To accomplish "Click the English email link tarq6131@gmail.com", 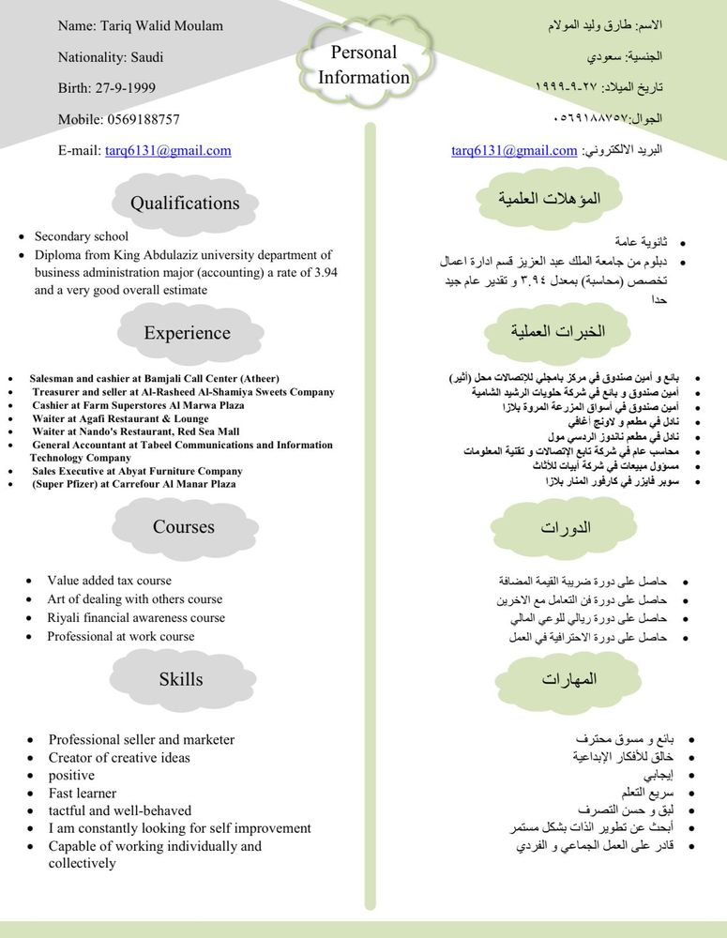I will pyautogui.click(x=168, y=150).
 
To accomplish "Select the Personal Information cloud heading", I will pyautogui.click(x=364, y=65).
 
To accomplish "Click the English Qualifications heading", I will pyautogui.click(x=185, y=204).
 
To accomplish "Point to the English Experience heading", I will pyautogui.click(x=187, y=333).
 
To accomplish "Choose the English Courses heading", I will pyautogui.click(x=184, y=527).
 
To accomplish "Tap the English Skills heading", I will pyautogui.click(x=181, y=679).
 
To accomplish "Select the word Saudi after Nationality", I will pyautogui.click(x=145, y=57).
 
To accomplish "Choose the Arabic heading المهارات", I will pyautogui.click(x=569, y=679).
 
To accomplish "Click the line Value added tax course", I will pyautogui.click(x=110, y=581).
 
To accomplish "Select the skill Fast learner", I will pyautogui.click(x=83, y=793).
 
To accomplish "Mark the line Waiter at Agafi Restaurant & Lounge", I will pyautogui.click(x=120, y=418).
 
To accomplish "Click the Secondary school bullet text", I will pyautogui.click(x=82, y=236).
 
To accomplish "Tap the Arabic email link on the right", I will pyautogui.click(x=514, y=150).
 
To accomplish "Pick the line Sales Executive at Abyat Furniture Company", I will pyautogui.click(x=137, y=471).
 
